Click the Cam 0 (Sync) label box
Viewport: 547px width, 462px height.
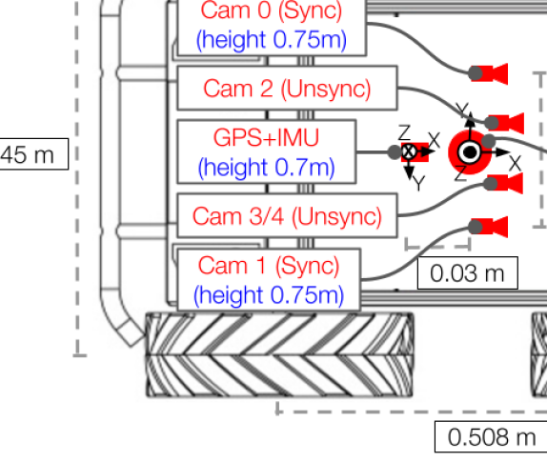pyautogui.click(x=272, y=28)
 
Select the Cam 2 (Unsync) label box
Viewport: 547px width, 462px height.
pyautogui.click(x=287, y=88)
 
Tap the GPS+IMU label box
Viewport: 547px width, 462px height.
pyautogui.click(x=267, y=151)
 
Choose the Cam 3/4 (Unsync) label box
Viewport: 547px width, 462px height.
pyautogui.click(x=287, y=215)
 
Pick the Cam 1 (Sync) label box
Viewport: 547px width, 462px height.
pyautogui.click(x=269, y=280)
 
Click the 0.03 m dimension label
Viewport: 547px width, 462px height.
pyautogui.click(x=468, y=273)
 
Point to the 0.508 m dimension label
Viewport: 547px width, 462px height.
pyautogui.click(x=491, y=437)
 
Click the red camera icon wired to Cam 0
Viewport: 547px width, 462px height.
pyautogui.click(x=490, y=74)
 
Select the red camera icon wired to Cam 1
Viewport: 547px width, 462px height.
pyautogui.click(x=490, y=227)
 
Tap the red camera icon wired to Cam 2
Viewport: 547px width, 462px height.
pyautogui.click(x=506, y=123)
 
